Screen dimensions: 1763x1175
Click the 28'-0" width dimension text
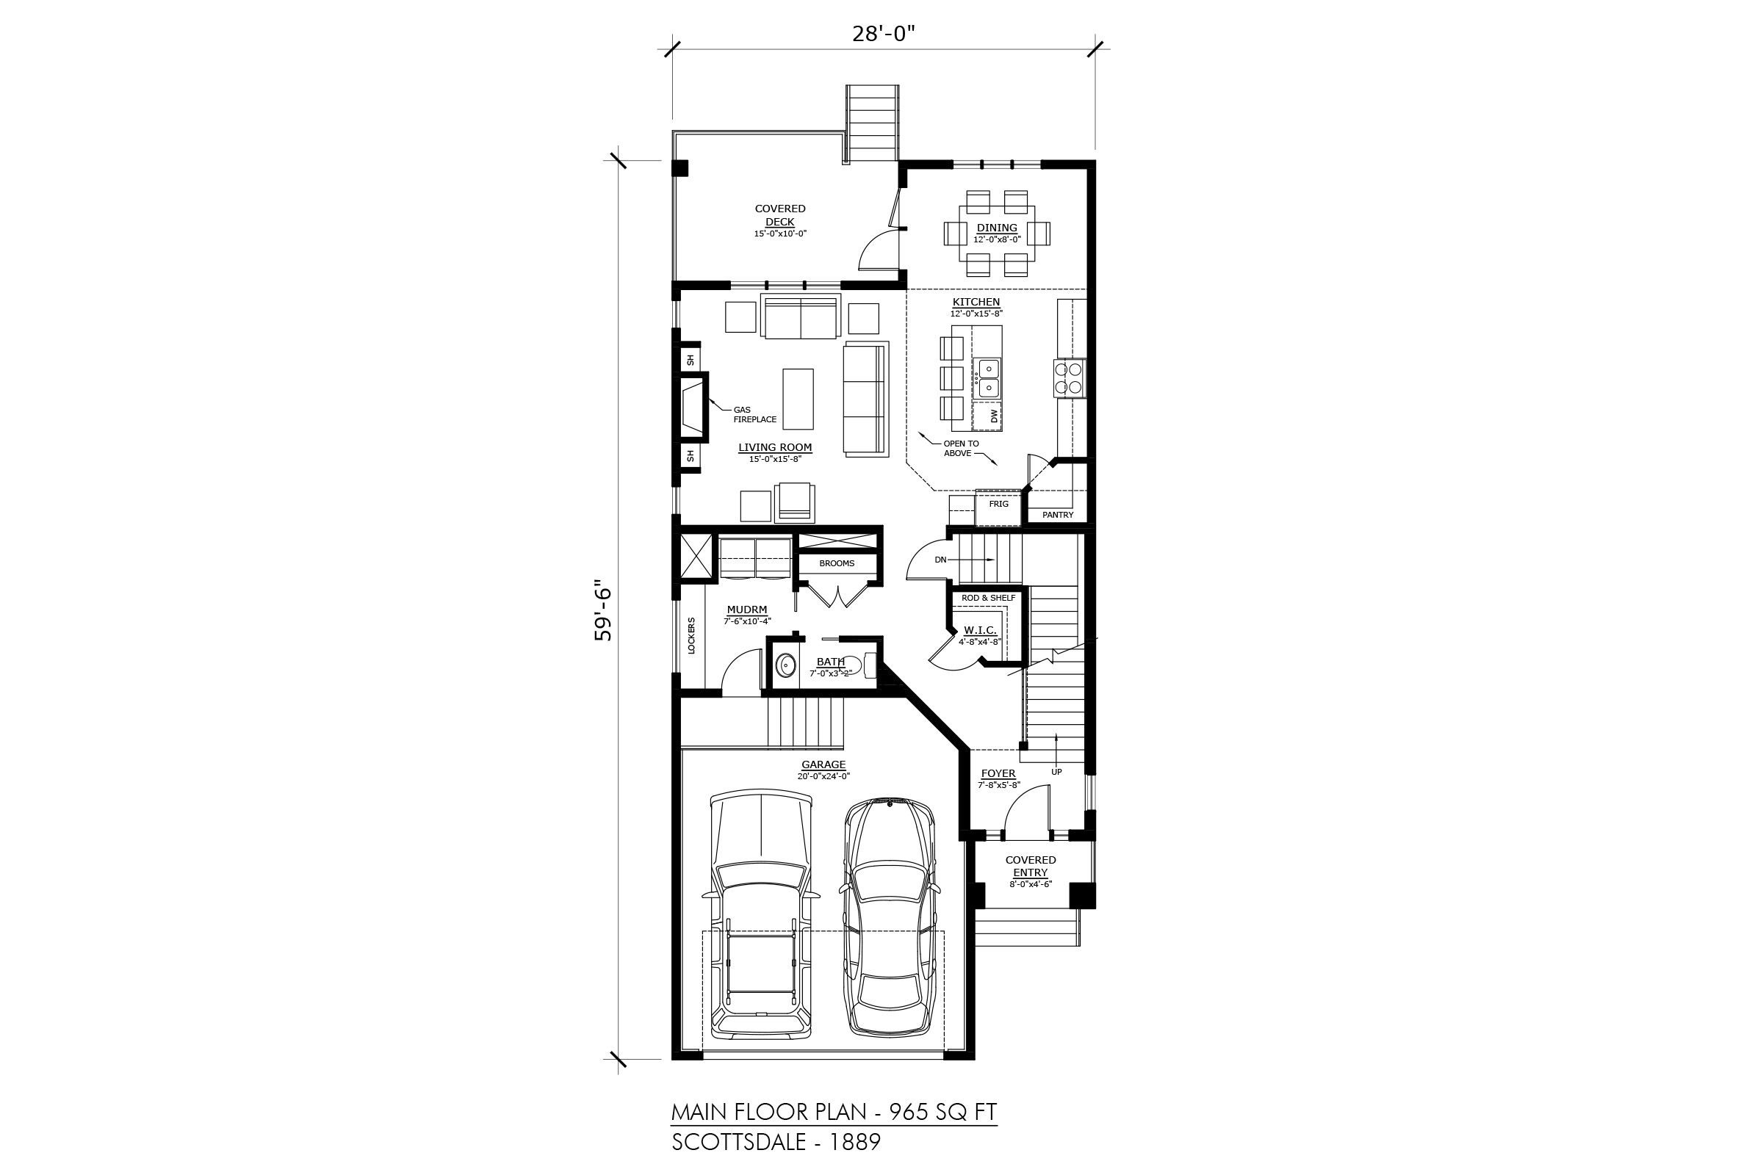884,34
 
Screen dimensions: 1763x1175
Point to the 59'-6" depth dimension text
602,610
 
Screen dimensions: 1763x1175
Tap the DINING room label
997,228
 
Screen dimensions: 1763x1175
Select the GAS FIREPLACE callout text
755,414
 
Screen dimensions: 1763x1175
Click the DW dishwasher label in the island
995,416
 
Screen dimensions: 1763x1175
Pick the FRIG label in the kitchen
998,504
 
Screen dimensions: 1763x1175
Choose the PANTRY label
1058,515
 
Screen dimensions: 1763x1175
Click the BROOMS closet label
837,563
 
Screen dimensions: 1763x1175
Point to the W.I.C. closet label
981,630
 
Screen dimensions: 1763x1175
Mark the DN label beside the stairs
941,560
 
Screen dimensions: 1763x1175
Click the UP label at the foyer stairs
1056,772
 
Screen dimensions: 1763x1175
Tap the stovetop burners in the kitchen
1070,377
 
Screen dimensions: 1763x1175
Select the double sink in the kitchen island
987,378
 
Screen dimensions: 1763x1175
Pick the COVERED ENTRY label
1031,867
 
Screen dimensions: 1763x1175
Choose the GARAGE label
823,764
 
